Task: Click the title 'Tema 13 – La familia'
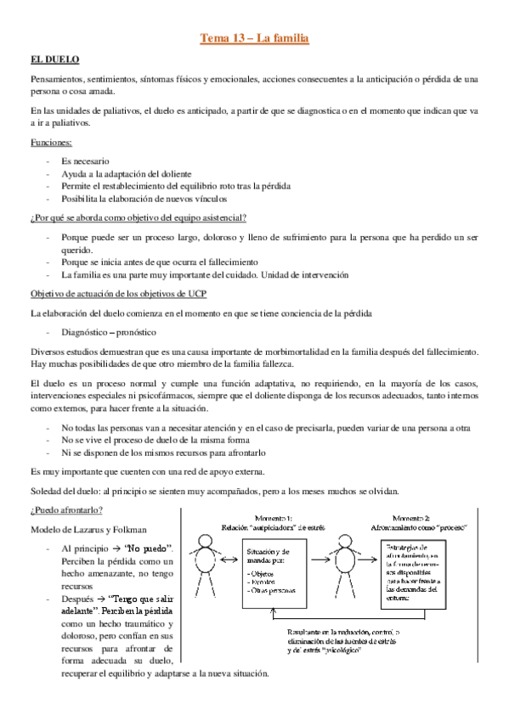point(253,37)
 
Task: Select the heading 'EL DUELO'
point(54,59)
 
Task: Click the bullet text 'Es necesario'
point(85,160)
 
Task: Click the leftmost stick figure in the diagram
point(206,563)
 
